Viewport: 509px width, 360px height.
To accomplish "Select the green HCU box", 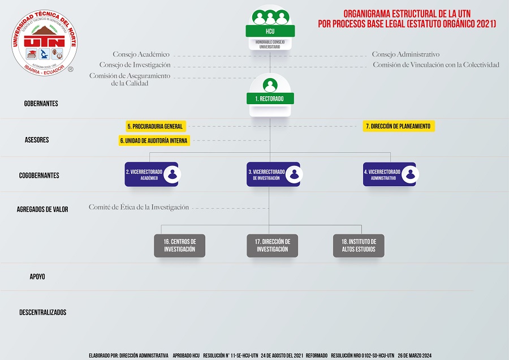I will pyautogui.click(x=270, y=31).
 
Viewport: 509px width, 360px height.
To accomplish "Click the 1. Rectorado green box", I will pyautogui.click(x=270, y=98).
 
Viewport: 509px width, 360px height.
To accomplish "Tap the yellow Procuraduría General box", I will pyautogui.click(x=155, y=126).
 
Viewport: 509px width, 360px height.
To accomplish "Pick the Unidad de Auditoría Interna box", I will pyautogui.click(x=154, y=140).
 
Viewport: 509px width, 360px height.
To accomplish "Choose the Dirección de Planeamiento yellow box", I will pyautogui.click(x=398, y=126).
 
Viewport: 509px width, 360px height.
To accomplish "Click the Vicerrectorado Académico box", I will pyautogui.click(x=152, y=174).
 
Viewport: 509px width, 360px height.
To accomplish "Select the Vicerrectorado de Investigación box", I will pyautogui.click(x=273, y=174).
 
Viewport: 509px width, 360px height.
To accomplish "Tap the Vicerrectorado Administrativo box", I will pyautogui.click(x=389, y=174).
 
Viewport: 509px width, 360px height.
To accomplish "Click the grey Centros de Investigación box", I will pyautogui.click(x=180, y=246).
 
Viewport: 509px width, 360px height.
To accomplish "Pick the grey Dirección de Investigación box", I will pyautogui.click(x=273, y=246).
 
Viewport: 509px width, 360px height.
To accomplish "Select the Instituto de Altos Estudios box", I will pyautogui.click(x=359, y=246).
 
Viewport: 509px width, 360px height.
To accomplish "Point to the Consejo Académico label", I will pyautogui.click(x=141, y=55).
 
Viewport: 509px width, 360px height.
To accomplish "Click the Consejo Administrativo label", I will pyautogui.click(x=406, y=55).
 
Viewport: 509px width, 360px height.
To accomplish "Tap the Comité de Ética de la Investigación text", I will pyautogui.click(x=139, y=208).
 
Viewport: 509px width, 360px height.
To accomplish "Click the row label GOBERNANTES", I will pyautogui.click(x=41, y=104).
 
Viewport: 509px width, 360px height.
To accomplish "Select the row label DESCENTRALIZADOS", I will pyautogui.click(x=42, y=312).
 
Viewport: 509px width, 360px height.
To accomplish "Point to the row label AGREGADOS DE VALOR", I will pyautogui.click(x=42, y=209).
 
